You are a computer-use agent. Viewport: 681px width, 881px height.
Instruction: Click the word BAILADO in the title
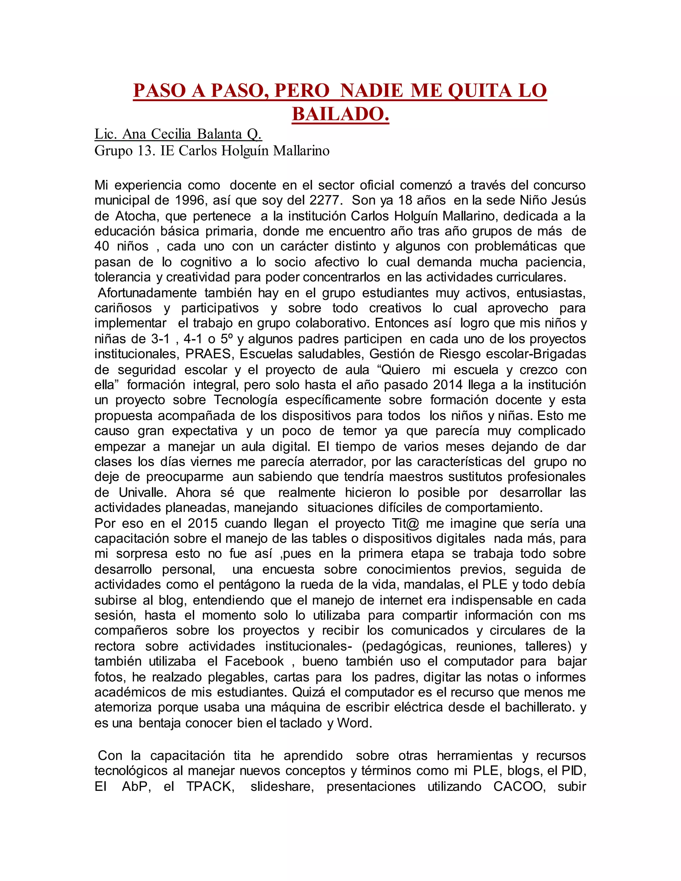coord(340,114)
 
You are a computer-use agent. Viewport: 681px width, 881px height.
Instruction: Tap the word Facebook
coord(255,661)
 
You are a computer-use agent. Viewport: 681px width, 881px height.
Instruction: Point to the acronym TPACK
coord(210,787)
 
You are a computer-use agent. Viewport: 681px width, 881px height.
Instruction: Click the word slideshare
coord(282,787)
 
